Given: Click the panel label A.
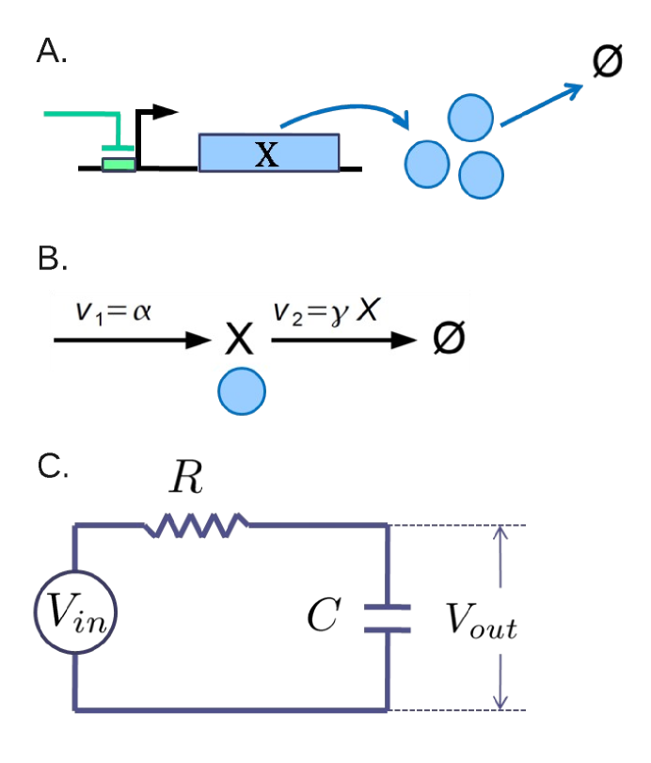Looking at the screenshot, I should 51,53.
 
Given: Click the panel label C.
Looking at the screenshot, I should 53,467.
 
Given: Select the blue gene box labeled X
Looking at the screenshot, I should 268,153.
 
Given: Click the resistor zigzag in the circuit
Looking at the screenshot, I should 198,526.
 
